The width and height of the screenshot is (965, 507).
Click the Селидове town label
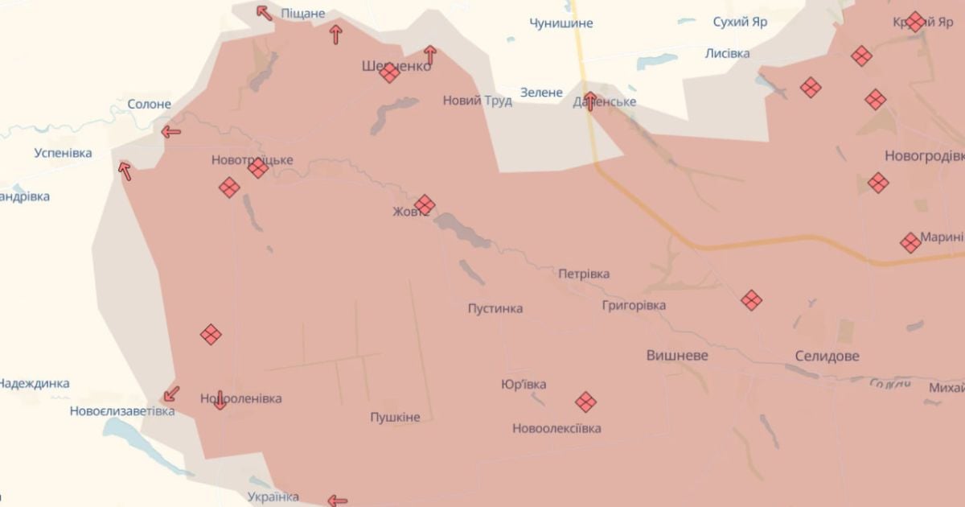[826, 356]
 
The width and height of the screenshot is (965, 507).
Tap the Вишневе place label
[677, 355]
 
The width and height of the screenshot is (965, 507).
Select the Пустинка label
[495, 308]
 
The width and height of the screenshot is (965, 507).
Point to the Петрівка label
[584, 274]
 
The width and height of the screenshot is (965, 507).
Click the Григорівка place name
[634, 305]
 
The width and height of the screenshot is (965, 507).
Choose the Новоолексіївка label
[556, 428]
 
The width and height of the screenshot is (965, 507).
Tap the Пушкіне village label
[395, 417]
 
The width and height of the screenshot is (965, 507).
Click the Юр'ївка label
[524, 384]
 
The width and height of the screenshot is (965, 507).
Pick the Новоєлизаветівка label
[121, 410]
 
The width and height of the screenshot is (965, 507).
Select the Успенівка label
[63, 153]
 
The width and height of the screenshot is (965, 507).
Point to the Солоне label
[149, 104]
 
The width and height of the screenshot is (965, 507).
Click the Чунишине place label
[561, 23]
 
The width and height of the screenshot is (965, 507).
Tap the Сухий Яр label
[740, 22]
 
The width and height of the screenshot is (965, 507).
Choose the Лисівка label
[727, 53]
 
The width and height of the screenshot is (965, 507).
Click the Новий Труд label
[478, 101]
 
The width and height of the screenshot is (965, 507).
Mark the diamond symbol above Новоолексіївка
[585, 401]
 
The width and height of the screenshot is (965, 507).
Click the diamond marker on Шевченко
[389, 73]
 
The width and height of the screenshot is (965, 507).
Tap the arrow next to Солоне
[170, 132]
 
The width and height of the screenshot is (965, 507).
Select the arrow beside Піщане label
[264, 12]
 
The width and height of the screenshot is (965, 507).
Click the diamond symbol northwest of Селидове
[751, 300]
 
